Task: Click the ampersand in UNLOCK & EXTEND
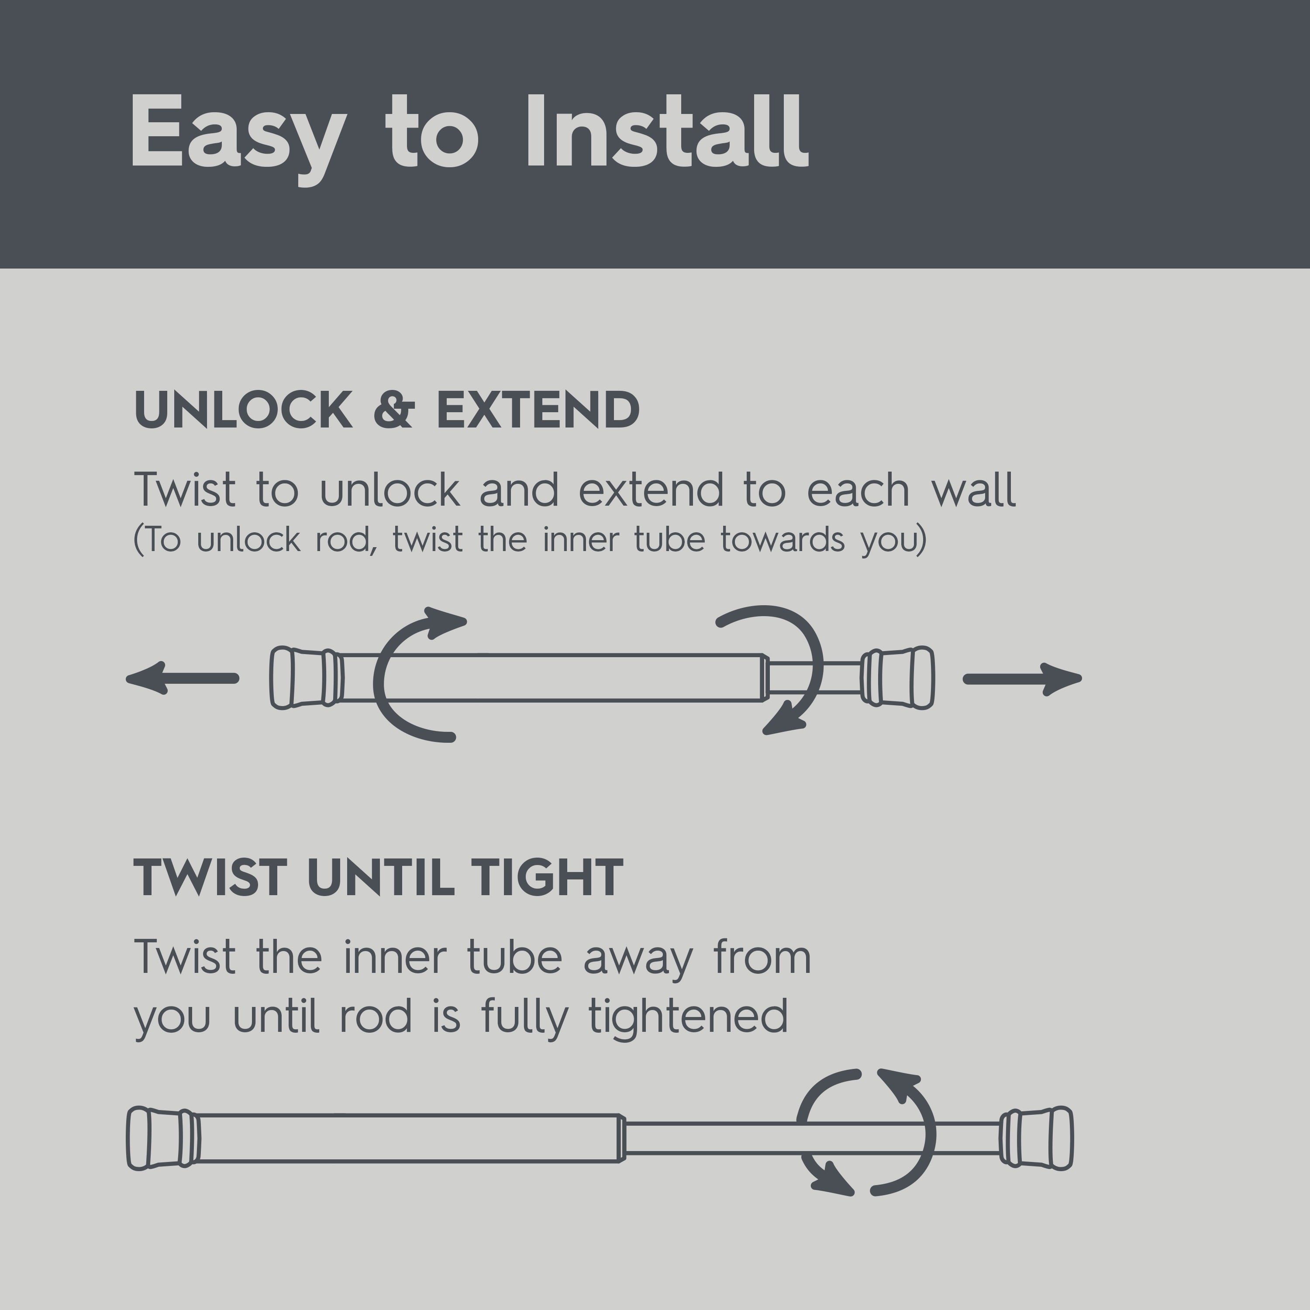394,410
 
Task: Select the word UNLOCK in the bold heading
243,410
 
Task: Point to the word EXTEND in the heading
538,410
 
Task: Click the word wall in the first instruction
974,489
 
